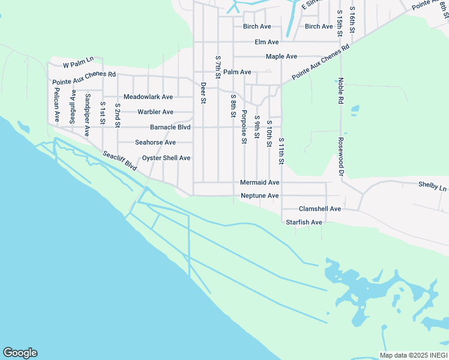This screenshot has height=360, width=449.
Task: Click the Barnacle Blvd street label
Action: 170,127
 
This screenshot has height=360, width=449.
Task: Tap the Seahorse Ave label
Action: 155,143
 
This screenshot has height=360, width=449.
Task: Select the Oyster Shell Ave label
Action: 166,158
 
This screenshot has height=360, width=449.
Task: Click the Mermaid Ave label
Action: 259,182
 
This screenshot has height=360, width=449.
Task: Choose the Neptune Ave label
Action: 259,196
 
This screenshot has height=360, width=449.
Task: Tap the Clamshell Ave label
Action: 320,209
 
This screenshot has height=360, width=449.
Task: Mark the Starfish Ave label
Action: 304,223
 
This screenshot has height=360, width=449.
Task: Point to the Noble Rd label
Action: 340,89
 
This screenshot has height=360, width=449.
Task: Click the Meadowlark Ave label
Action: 148,97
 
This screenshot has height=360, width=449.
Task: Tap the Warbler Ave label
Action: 155,112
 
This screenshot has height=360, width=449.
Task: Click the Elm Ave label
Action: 267,43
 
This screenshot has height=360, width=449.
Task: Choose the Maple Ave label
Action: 282,57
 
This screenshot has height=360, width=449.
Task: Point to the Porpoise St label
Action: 244,127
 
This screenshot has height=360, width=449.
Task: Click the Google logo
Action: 20,353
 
